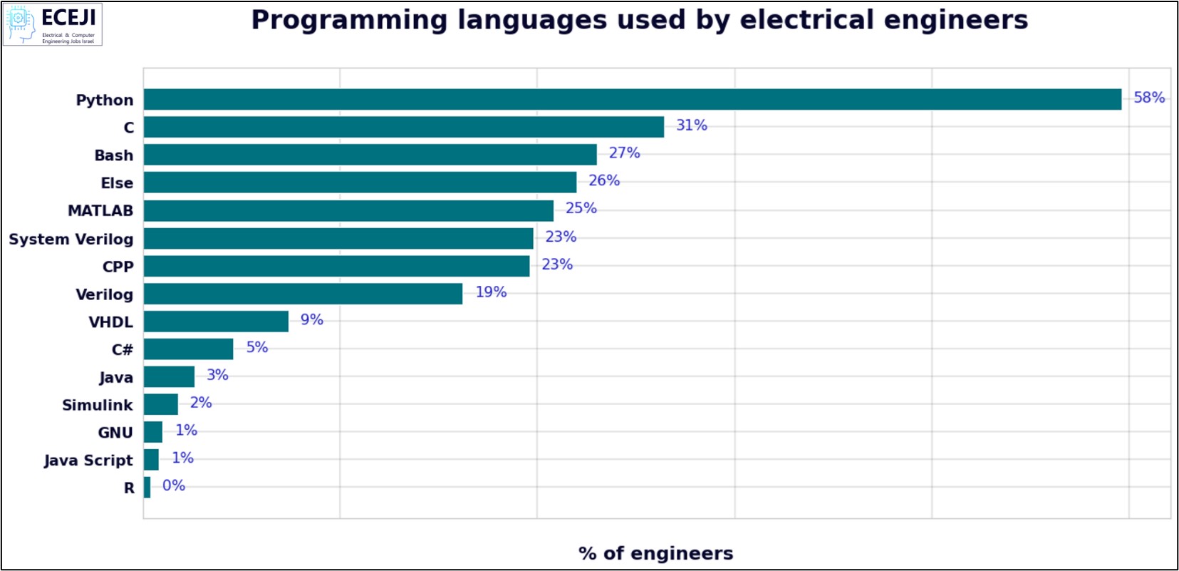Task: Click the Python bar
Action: tap(632, 99)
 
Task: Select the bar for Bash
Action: tap(370, 155)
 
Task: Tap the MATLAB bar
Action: tap(348, 210)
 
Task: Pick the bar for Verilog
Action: tap(303, 294)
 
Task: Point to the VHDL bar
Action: tap(216, 321)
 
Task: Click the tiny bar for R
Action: tap(147, 488)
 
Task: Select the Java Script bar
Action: tap(151, 460)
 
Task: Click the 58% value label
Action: tap(1149, 98)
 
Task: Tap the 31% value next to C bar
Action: tap(691, 125)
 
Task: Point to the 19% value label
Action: tap(491, 292)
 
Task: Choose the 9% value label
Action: tap(311, 320)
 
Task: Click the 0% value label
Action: tap(173, 485)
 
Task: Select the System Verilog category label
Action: tap(71, 240)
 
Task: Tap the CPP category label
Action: tap(118, 267)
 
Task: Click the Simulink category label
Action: tap(97, 405)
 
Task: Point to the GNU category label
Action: tap(115, 433)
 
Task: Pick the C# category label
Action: tap(122, 349)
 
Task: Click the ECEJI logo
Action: tap(53, 24)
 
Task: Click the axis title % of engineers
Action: tap(655, 553)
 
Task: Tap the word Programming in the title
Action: tap(349, 20)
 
